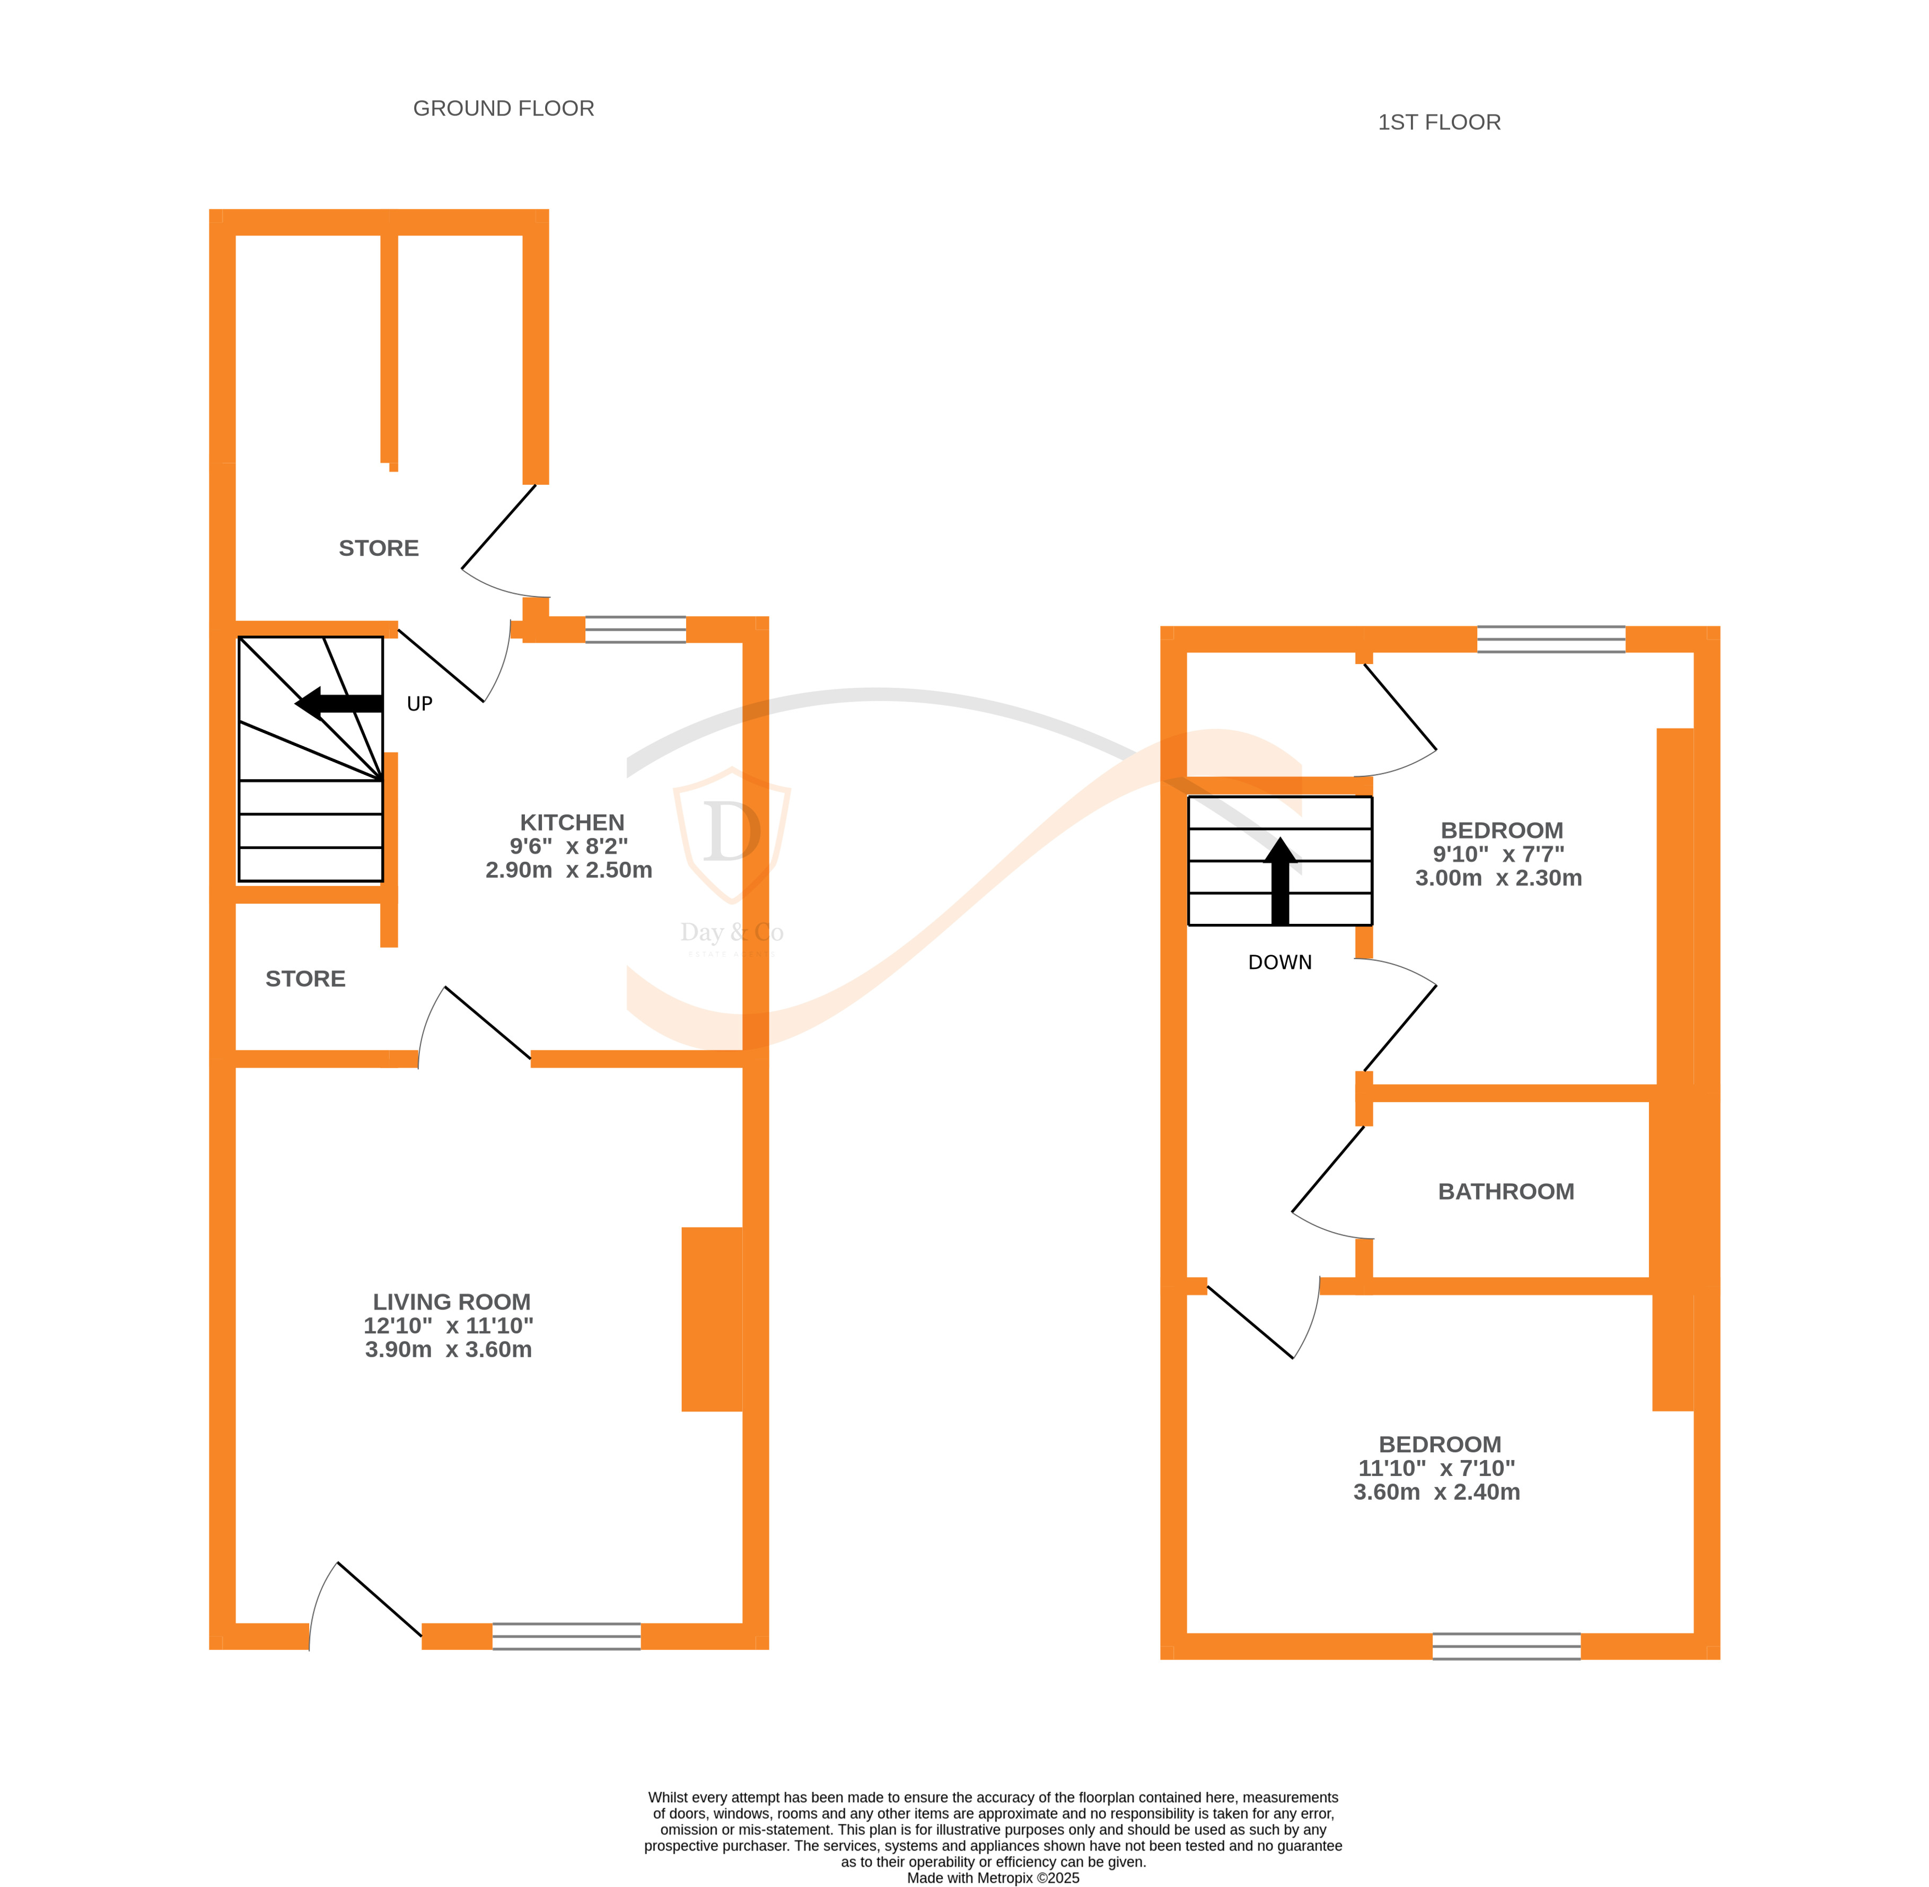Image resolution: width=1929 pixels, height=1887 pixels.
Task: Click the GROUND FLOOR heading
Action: [503, 108]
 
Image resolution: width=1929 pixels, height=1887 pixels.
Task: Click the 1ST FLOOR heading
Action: [1439, 122]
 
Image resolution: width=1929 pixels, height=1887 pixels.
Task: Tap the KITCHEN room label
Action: [572, 823]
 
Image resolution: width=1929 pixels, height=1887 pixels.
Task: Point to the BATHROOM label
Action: [1505, 1191]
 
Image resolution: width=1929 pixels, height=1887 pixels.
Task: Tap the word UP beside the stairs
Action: [419, 704]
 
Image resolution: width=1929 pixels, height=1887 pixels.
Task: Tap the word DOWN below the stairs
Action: [1279, 963]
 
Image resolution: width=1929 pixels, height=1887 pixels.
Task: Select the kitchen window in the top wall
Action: [635, 630]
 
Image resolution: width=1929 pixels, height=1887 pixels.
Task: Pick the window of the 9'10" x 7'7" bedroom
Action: [1550, 639]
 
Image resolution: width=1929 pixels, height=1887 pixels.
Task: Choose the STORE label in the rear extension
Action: [379, 548]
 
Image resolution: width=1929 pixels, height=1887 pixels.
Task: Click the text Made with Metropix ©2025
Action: [993, 1877]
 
